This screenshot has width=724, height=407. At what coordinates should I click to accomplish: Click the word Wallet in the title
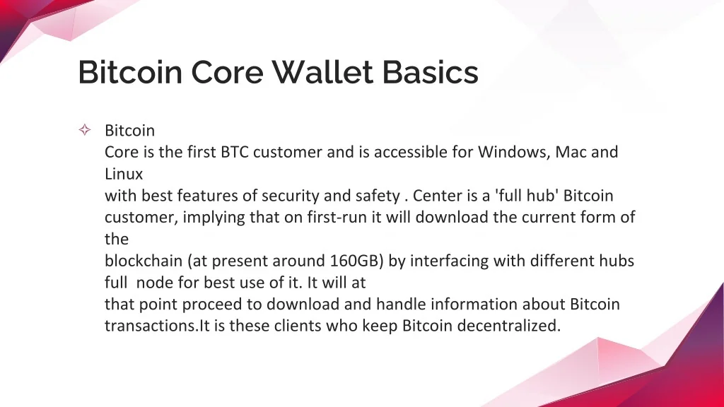(x=322, y=72)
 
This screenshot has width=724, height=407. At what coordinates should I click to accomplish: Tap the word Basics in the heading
(x=431, y=72)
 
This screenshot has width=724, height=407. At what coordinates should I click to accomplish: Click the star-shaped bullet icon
(x=85, y=130)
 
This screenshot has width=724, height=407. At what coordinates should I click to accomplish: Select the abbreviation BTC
(x=235, y=152)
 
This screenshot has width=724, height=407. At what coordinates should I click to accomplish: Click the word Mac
(x=571, y=152)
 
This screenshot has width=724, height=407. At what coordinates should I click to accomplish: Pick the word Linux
(x=124, y=174)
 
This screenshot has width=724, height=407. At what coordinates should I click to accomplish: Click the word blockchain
(x=144, y=261)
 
